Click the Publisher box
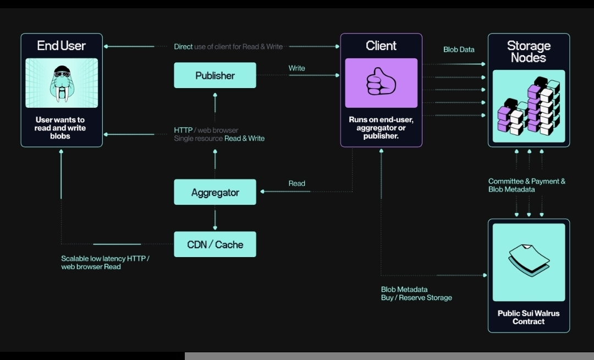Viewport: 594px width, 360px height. tap(215, 75)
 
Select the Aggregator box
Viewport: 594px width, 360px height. tap(215, 192)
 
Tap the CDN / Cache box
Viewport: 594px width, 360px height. tap(215, 244)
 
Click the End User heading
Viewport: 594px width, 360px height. tap(62, 46)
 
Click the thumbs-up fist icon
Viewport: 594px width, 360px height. tap(381, 81)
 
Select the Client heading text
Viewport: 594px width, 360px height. tap(381, 46)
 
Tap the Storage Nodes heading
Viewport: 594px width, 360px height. tap(529, 52)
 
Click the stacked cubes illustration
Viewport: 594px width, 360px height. tap(529, 106)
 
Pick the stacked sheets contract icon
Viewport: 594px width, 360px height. tap(529, 261)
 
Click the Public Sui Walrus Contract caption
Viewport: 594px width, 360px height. tap(529, 317)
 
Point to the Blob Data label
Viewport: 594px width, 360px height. tap(459, 50)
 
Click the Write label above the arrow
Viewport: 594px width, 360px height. tap(296, 68)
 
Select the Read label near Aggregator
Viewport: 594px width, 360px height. tap(296, 183)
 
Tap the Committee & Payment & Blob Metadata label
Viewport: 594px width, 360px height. tap(526, 186)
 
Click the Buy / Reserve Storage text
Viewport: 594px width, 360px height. tap(416, 298)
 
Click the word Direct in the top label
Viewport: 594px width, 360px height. tap(183, 47)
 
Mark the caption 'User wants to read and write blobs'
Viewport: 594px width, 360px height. tap(61, 128)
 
